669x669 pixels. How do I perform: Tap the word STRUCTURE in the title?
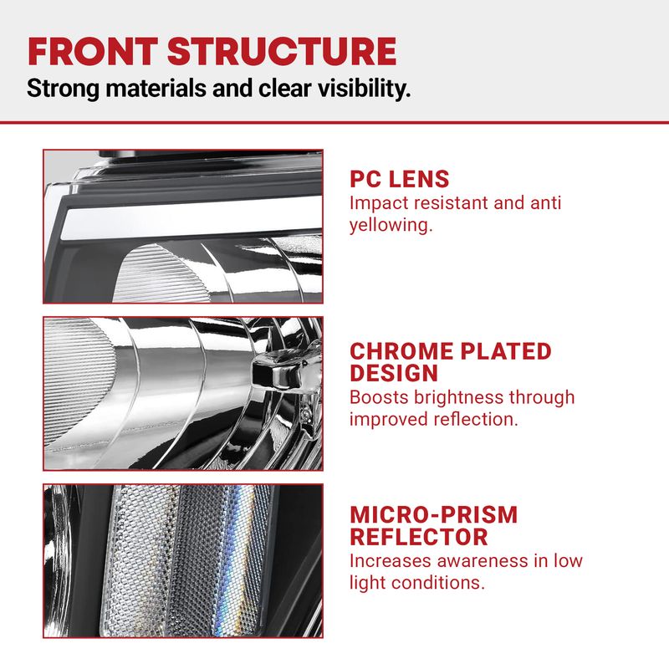[x=282, y=51]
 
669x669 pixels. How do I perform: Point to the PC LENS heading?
[x=400, y=179]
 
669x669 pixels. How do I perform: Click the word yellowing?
[x=391, y=225]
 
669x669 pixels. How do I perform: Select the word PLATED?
[x=506, y=351]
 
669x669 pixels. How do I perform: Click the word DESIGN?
[x=394, y=373]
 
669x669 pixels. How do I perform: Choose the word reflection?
[x=476, y=420]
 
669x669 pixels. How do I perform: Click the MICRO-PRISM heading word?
[x=433, y=514]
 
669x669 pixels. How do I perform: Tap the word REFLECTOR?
[x=419, y=537]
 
